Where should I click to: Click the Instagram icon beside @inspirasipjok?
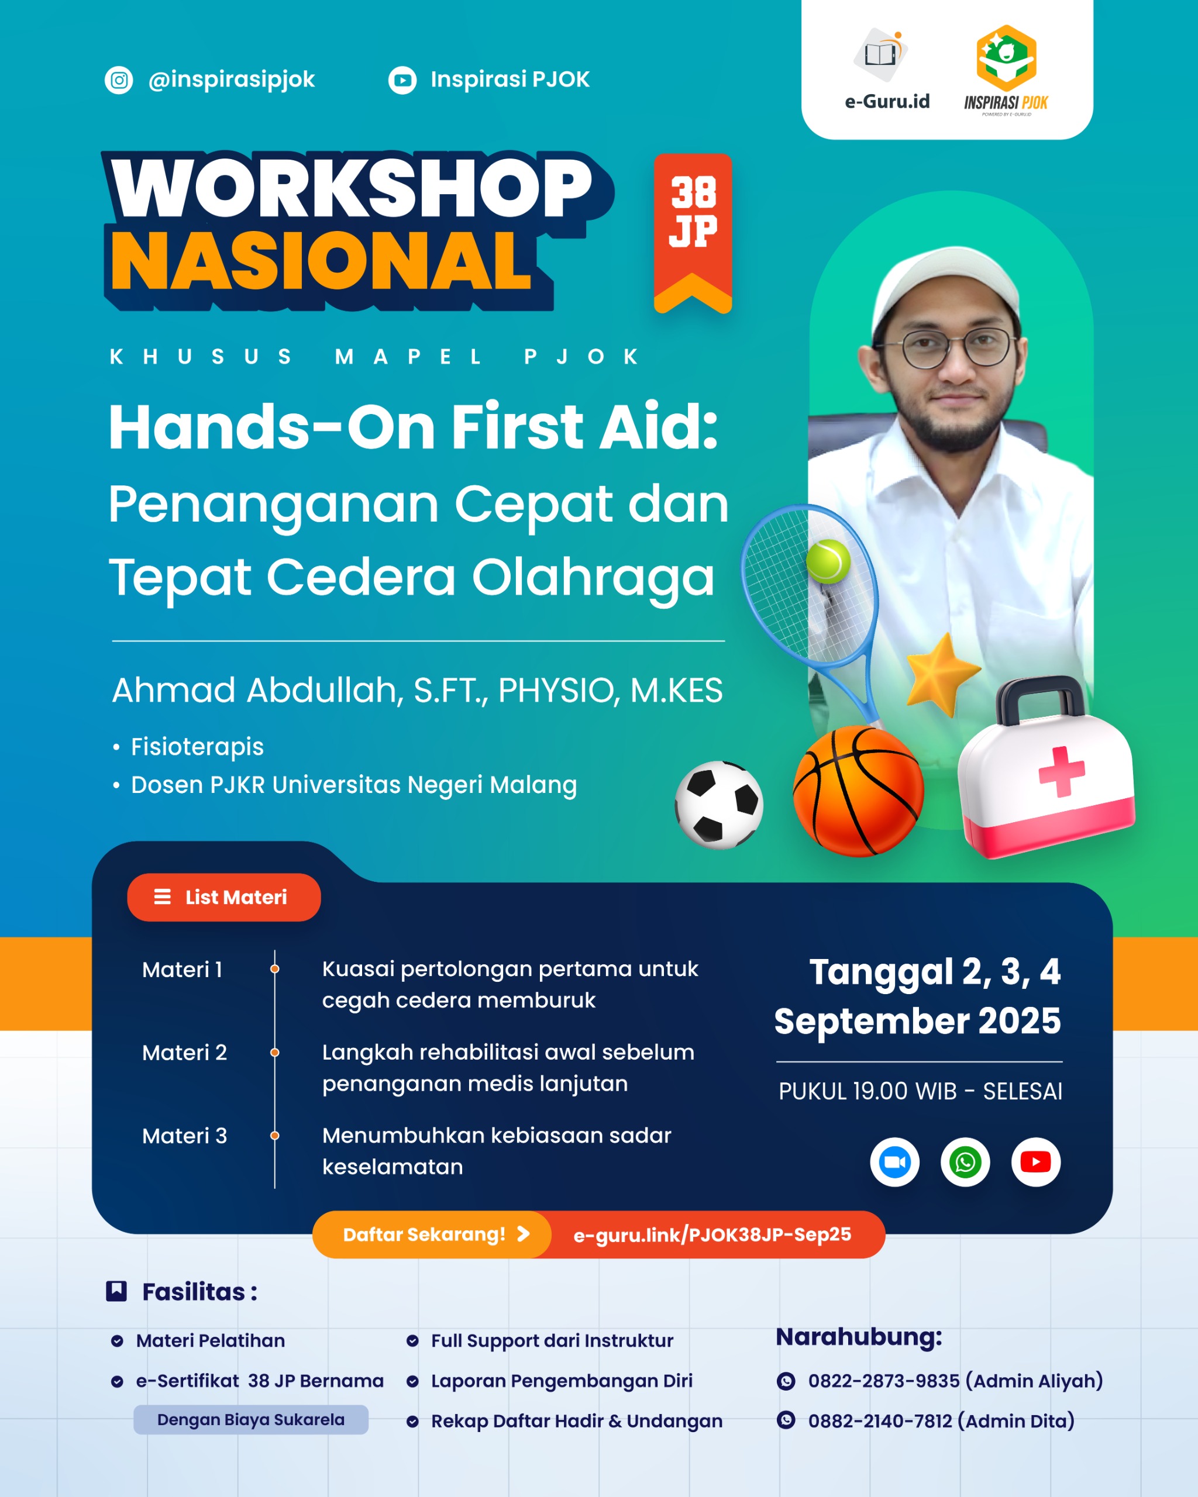[119, 80]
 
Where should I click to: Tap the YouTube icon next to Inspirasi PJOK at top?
[402, 81]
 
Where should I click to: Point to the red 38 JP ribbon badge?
[693, 233]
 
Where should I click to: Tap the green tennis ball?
[828, 561]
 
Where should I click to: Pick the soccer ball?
[719, 805]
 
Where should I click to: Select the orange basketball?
[858, 791]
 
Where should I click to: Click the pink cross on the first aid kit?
[1061, 771]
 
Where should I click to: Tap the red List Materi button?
[223, 897]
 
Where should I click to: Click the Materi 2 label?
[184, 1053]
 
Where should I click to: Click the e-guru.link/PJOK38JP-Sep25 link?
[712, 1234]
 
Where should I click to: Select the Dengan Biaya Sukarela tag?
[251, 1419]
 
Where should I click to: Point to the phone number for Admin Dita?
[880, 1420]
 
